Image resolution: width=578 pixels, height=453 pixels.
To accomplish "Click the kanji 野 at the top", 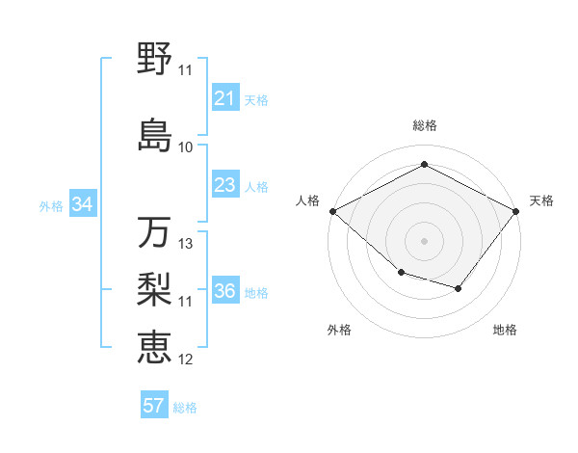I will pyautogui.click(x=154, y=60).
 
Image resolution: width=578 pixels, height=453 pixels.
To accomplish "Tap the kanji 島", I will pyautogui.click(x=154, y=136).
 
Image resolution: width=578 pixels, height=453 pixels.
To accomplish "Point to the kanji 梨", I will pyautogui.click(x=154, y=290).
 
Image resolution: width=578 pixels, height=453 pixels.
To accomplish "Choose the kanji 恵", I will pyautogui.click(x=154, y=348).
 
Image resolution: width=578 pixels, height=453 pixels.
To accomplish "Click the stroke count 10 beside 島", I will pyautogui.click(x=186, y=147).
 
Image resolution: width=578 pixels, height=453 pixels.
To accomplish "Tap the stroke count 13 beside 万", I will pyautogui.click(x=186, y=244).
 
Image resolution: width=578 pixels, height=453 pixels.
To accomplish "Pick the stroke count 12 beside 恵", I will pyautogui.click(x=186, y=360).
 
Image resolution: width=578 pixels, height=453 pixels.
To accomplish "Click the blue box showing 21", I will pyautogui.click(x=225, y=98).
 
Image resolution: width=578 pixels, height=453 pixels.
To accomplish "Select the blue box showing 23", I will pyautogui.click(x=225, y=185).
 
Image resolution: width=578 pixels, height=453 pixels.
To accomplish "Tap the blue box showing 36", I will pyautogui.click(x=225, y=291).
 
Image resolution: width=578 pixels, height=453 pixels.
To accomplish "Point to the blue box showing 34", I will pyautogui.click(x=83, y=204).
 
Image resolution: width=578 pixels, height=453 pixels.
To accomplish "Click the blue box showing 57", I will pyautogui.click(x=154, y=406).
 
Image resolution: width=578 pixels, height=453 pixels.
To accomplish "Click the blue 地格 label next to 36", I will pyautogui.click(x=257, y=292).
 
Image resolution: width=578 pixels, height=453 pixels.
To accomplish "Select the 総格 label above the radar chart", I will pyautogui.click(x=424, y=125).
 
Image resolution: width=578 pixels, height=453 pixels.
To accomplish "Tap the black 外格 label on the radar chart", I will pyautogui.click(x=339, y=330).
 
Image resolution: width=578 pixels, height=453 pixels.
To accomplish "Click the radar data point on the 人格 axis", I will pyautogui.click(x=332, y=211).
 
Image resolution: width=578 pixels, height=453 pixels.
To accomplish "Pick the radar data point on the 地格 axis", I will pyautogui.click(x=459, y=288).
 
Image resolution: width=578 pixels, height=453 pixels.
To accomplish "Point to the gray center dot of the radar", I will pyautogui.click(x=424, y=240).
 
